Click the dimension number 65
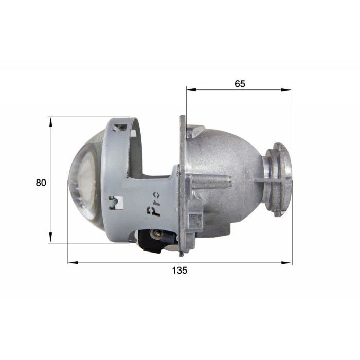pyautogui.click(x=240, y=84)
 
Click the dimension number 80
pyautogui.click(x=41, y=183)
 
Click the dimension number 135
pyautogui.click(x=179, y=270)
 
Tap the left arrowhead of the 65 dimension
pyautogui.click(x=191, y=89)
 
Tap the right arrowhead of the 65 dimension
pyautogui.click(x=286, y=90)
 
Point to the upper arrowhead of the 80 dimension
pyautogui.click(x=51, y=122)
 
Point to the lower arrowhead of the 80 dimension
pyautogui.click(x=51, y=238)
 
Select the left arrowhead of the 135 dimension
pyautogui.click(x=73, y=262)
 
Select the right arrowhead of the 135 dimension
pyautogui.click(x=287, y=263)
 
